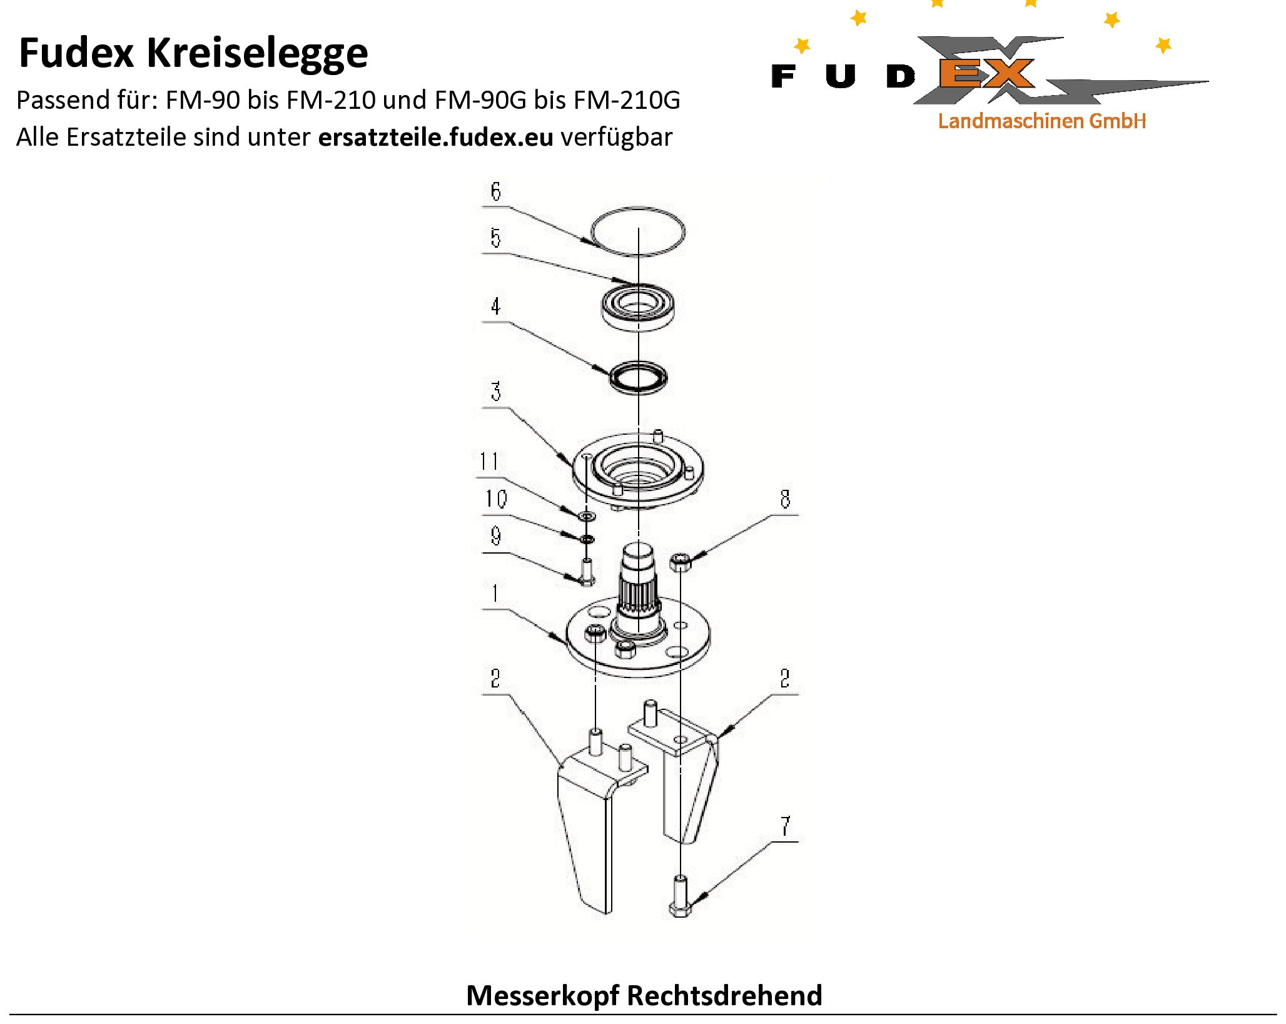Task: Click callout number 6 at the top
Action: tap(495, 191)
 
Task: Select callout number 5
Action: tap(495, 238)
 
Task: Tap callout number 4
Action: tap(495, 307)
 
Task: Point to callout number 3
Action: tap(495, 392)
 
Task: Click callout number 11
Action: tap(489, 462)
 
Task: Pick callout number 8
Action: tap(785, 499)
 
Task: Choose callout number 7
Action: tap(785, 826)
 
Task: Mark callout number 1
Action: tap(495, 593)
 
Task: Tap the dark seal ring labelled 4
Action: tap(638, 377)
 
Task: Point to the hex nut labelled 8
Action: tap(681, 562)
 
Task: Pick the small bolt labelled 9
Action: tap(587, 570)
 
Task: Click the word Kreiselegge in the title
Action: tap(257, 53)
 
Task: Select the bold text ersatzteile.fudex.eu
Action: tap(435, 137)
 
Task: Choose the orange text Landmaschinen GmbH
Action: tap(1041, 121)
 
